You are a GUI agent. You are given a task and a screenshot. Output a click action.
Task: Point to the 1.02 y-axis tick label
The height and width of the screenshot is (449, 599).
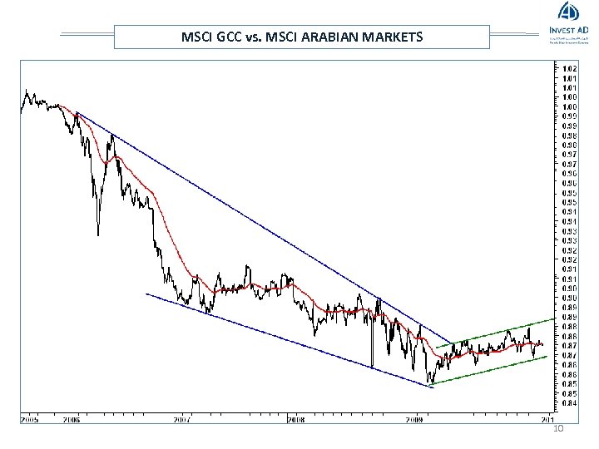coord(571,68)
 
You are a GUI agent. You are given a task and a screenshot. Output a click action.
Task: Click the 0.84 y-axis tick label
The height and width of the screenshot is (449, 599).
coord(571,403)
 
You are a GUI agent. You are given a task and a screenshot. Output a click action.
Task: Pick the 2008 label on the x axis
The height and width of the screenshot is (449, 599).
coord(295,420)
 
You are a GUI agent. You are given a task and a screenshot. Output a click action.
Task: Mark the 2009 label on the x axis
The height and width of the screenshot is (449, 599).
coord(415,420)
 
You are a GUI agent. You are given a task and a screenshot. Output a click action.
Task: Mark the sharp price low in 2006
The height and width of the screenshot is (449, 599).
coord(98,234)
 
